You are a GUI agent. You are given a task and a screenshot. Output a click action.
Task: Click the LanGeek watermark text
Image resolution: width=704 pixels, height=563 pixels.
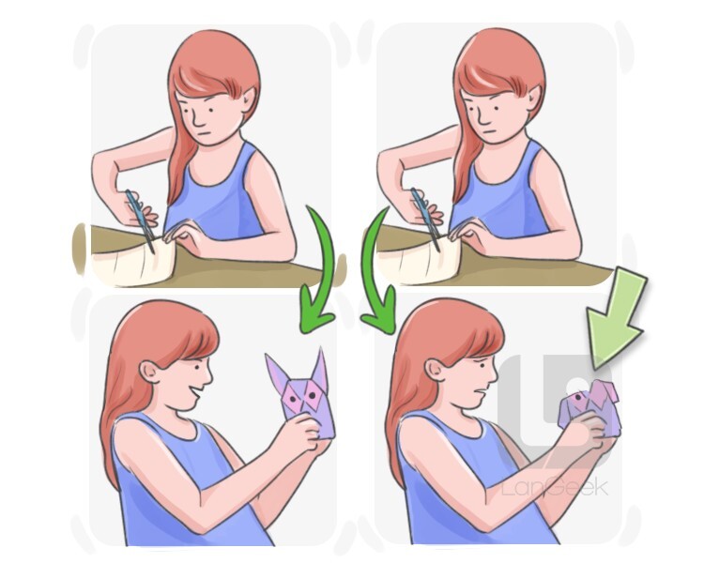[555, 488]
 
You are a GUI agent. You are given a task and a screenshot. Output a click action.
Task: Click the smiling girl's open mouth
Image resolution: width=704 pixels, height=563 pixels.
[196, 395]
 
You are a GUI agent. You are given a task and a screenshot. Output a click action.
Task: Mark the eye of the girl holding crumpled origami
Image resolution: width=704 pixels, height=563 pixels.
[482, 365]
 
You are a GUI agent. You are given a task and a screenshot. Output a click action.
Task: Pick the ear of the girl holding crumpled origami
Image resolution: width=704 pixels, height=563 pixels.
[435, 370]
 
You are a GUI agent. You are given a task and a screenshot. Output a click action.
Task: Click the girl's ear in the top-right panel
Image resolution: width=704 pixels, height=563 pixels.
[533, 99]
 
